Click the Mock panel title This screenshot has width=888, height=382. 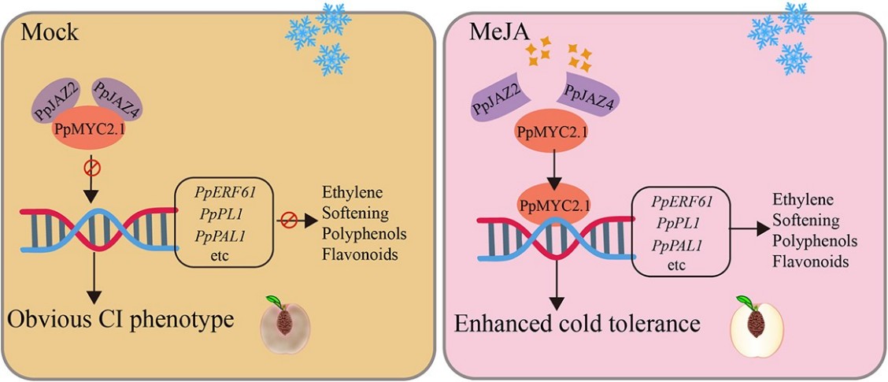[x=48, y=32]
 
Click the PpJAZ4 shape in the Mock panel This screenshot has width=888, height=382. [x=116, y=97]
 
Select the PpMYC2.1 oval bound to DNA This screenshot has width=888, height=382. [x=555, y=207]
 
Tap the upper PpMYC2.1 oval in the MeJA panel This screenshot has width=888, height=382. [x=554, y=131]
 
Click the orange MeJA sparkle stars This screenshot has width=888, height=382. [x=560, y=54]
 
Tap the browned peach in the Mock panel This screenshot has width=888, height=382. [x=285, y=325]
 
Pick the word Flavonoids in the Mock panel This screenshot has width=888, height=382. [x=354, y=254]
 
